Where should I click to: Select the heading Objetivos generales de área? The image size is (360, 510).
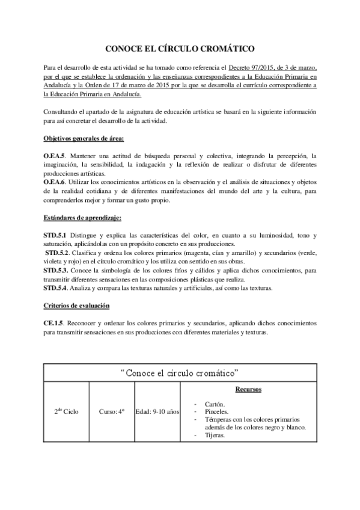84,139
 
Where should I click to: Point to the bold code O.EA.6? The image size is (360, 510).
55,181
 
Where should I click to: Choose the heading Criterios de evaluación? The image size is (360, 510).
76,306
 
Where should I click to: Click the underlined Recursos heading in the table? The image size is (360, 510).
248,390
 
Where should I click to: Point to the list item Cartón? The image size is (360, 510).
216,404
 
